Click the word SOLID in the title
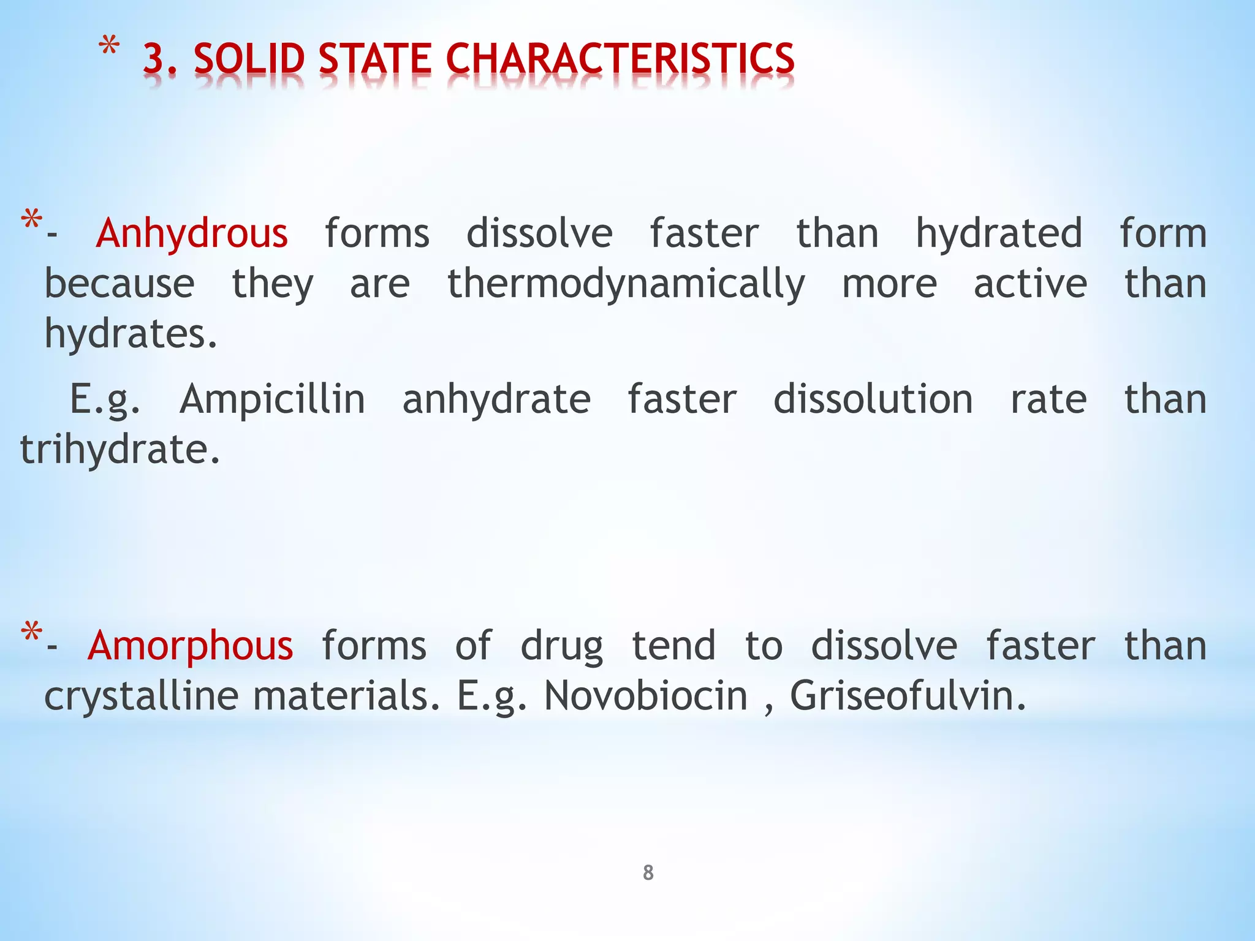(x=249, y=59)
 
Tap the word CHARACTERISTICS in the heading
(x=620, y=59)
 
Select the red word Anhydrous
(x=192, y=233)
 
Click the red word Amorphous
(x=191, y=646)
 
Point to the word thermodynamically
(x=626, y=284)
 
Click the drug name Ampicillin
(x=272, y=399)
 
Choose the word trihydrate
(x=119, y=449)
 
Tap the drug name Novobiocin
(x=646, y=696)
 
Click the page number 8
(x=648, y=872)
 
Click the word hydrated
(x=999, y=233)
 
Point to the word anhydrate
(x=496, y=399)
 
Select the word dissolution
(x=873, y=399)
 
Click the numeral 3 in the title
(x=154, y=59)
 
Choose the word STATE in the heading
(x=374, y=59)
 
